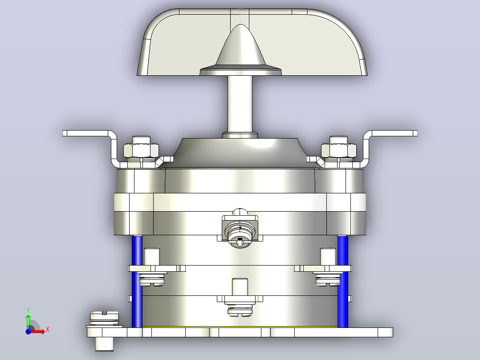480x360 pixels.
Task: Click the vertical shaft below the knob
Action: tap(240, 104)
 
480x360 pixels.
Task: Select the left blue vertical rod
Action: tap(137, 282)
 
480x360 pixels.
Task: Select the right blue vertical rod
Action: tap(343, 282)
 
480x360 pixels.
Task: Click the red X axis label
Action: tap(48, 330)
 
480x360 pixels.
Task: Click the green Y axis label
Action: tap(28, 310)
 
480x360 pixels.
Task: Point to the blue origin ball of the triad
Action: tap(28, 331)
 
